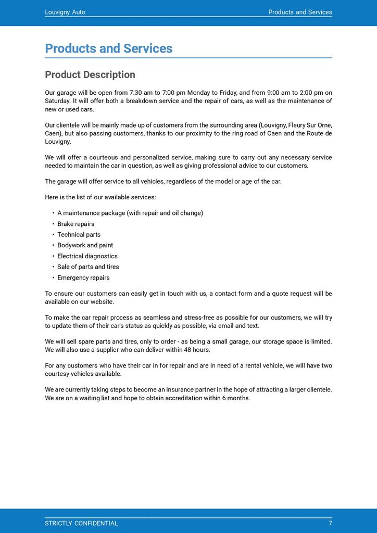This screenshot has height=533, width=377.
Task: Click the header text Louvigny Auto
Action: pos(65,12)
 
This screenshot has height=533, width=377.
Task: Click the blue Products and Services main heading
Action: pos(108,48)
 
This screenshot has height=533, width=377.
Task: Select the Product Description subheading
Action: pos(90,74)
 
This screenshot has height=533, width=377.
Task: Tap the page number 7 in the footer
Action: pos(330,523)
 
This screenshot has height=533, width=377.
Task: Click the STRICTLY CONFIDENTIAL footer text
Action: pos(81,523)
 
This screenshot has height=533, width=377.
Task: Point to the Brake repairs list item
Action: pos(76,224)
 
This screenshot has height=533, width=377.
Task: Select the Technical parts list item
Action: pos(79,235)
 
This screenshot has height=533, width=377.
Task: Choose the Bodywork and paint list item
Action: pos(85,245)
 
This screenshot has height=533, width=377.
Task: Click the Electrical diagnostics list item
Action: pos(87,256)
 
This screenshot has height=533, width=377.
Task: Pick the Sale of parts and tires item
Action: pos(88,266)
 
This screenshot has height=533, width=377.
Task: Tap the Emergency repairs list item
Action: pos(83,277)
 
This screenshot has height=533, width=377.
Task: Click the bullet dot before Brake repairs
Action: pos(53,224)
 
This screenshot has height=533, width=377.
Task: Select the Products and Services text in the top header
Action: pos(300,12)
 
